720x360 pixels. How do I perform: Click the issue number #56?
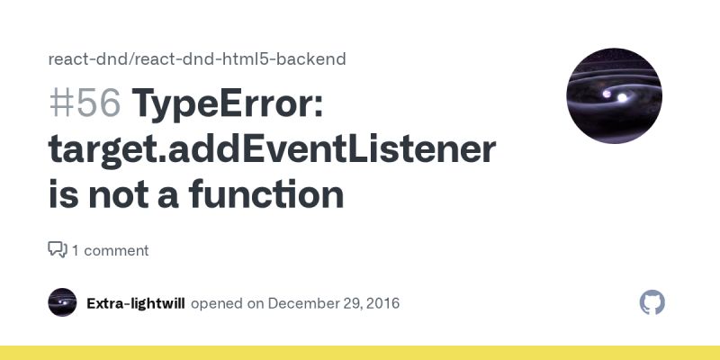pyautogui.click(x=85, y=104)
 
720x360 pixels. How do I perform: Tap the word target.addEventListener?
pyautogui.click(x=272, y=149)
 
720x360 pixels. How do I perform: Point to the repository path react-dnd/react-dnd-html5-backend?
pyautogui.click(x=197, y=59)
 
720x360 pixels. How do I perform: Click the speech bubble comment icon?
pyautogui.click(x=58, y=249)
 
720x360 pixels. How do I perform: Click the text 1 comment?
pyautogui.click(x=111, y=250)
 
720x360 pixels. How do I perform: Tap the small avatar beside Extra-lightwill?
pyautogui.click(x=62, y=302)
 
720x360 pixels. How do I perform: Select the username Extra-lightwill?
pyautogui.click(x=136, y=303)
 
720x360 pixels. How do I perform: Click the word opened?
pyautogui.click(x=217, y=303)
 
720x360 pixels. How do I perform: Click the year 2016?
pyautogui.click(x=382, y=303)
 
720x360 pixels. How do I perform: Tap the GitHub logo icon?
pyautogui.click(x=652, y=302)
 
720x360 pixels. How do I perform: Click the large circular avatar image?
pyautogui.click(x=614, y=96)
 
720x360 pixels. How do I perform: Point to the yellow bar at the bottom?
pyautogui.click(x=360, y=353)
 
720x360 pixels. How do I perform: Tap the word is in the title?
pyautogui.click(x=64, y=194)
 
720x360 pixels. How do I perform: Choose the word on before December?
pyautogui.click(x=256, y=303)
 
